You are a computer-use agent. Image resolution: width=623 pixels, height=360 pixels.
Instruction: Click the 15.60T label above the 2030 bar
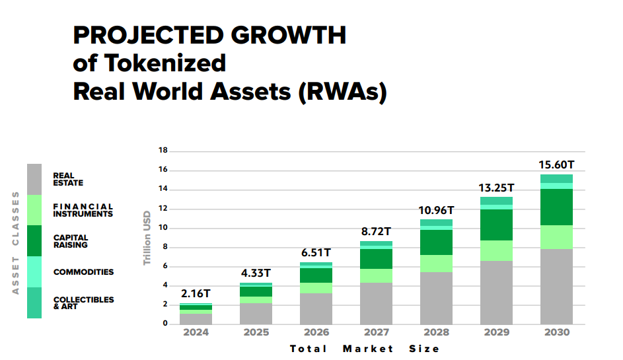[556, 164]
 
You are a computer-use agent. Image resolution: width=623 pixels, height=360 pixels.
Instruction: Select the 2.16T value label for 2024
[196, 294]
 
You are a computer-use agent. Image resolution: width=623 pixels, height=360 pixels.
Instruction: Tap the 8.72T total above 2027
[375, 232]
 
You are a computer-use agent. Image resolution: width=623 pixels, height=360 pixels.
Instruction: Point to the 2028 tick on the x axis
[436, 332]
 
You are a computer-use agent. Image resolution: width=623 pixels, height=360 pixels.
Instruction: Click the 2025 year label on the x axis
[256, 332]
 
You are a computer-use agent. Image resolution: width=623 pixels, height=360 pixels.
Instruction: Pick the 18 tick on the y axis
[163, 151]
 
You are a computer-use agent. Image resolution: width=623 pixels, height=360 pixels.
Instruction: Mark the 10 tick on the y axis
[163, 228]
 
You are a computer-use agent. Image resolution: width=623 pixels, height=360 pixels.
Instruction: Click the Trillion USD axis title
[147, 238]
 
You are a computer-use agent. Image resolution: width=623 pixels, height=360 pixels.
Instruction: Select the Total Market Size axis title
[364, 348]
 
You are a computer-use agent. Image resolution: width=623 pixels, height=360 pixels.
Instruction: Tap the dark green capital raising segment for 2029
[496, 225]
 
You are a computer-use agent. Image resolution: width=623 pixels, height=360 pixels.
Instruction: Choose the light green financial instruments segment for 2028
[436, 264]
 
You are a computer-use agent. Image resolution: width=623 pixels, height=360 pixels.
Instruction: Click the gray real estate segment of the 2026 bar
[316, 308]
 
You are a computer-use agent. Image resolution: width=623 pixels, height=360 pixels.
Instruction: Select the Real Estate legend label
[68, 179]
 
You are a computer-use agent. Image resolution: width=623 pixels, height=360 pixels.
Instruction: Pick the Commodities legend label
[83, 272]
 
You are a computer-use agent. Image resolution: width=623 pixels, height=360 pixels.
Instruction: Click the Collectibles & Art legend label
[83, 303]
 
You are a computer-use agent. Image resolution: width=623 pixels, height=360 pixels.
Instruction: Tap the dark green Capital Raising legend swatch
[34, 241]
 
